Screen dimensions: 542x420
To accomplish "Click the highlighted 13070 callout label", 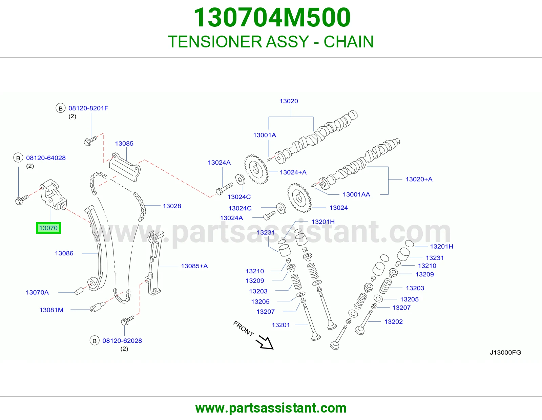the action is point(48,228).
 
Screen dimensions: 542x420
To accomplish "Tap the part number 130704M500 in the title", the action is point(272,17).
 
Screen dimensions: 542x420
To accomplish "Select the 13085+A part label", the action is point(194,266).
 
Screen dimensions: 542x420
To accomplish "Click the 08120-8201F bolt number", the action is point(88,108).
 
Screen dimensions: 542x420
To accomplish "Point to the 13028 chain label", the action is point(172,206).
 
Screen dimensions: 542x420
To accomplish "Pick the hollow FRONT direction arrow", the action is point(265,342).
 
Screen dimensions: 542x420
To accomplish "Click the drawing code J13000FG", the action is point(505,352).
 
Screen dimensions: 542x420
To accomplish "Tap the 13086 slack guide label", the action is point(64,253).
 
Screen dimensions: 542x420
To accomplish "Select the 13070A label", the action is point(37,292).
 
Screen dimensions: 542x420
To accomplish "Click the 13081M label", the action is point(51,310).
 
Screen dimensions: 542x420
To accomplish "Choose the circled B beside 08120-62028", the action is point(95,341).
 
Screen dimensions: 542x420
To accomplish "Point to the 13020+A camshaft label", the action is point(419,179).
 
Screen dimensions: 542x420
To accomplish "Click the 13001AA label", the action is point(356,194).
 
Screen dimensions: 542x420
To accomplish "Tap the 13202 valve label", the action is point(394,322).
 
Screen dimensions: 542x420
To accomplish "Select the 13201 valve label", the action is point(281,325).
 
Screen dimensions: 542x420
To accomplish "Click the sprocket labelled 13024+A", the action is point(256,169).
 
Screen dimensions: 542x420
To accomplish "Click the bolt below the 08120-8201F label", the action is point(90,141).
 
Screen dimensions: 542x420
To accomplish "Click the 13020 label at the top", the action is point(289,101).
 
